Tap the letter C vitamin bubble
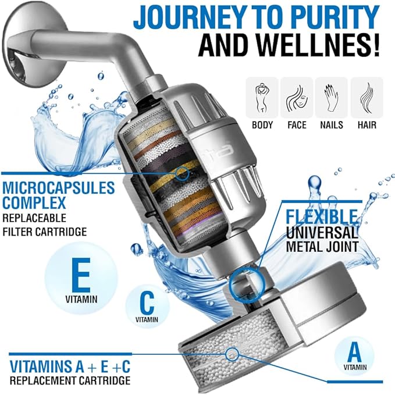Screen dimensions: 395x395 tap(146, 303)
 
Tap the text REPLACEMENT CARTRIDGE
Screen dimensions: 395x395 tap(69, 381)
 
